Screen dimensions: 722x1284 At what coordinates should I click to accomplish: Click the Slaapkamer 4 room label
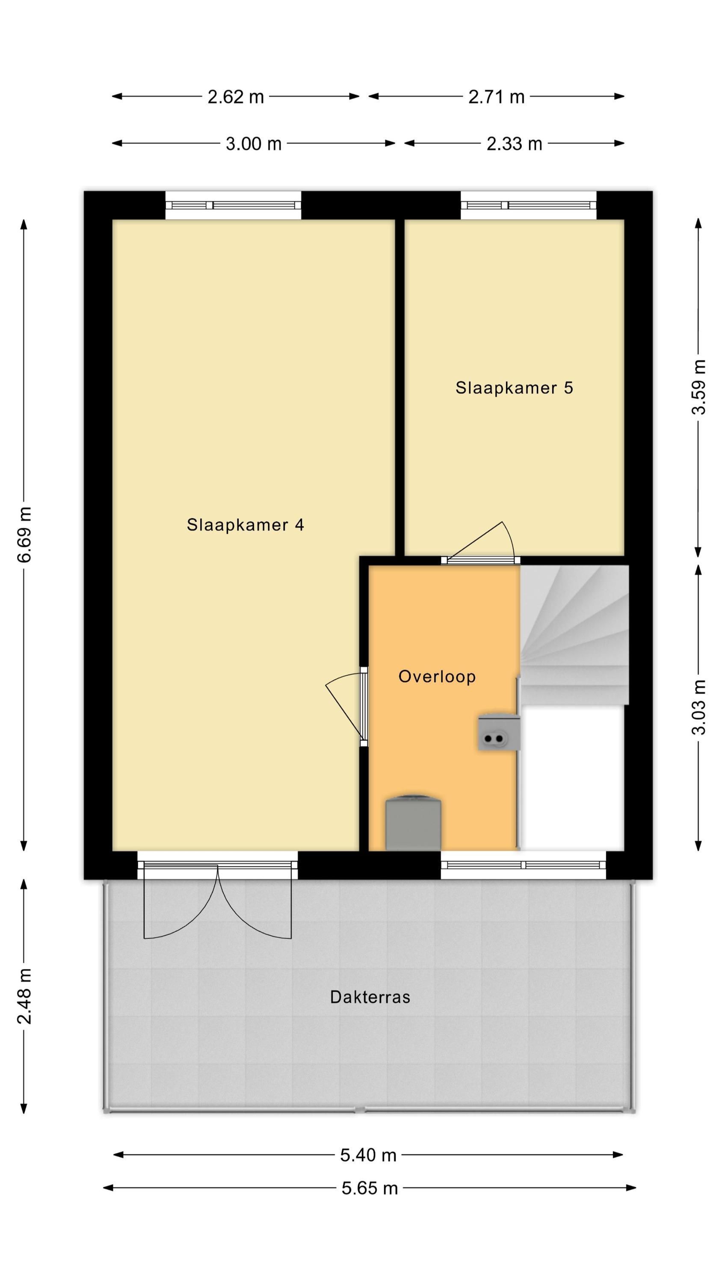coord(245,524)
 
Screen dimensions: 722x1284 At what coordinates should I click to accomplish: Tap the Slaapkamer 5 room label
coord(514,387)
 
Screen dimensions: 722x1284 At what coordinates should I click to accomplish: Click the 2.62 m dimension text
coord(236,97)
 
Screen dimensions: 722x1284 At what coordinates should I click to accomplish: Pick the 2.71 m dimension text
coord(496,97)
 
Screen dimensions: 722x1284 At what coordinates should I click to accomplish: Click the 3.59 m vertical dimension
coord(698,387)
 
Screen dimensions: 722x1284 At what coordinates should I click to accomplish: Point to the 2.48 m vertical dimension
coord(24,997)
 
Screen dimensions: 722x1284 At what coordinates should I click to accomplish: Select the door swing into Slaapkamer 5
coord(481,542)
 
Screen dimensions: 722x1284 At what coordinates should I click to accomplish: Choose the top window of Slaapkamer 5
coord(528,205)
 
